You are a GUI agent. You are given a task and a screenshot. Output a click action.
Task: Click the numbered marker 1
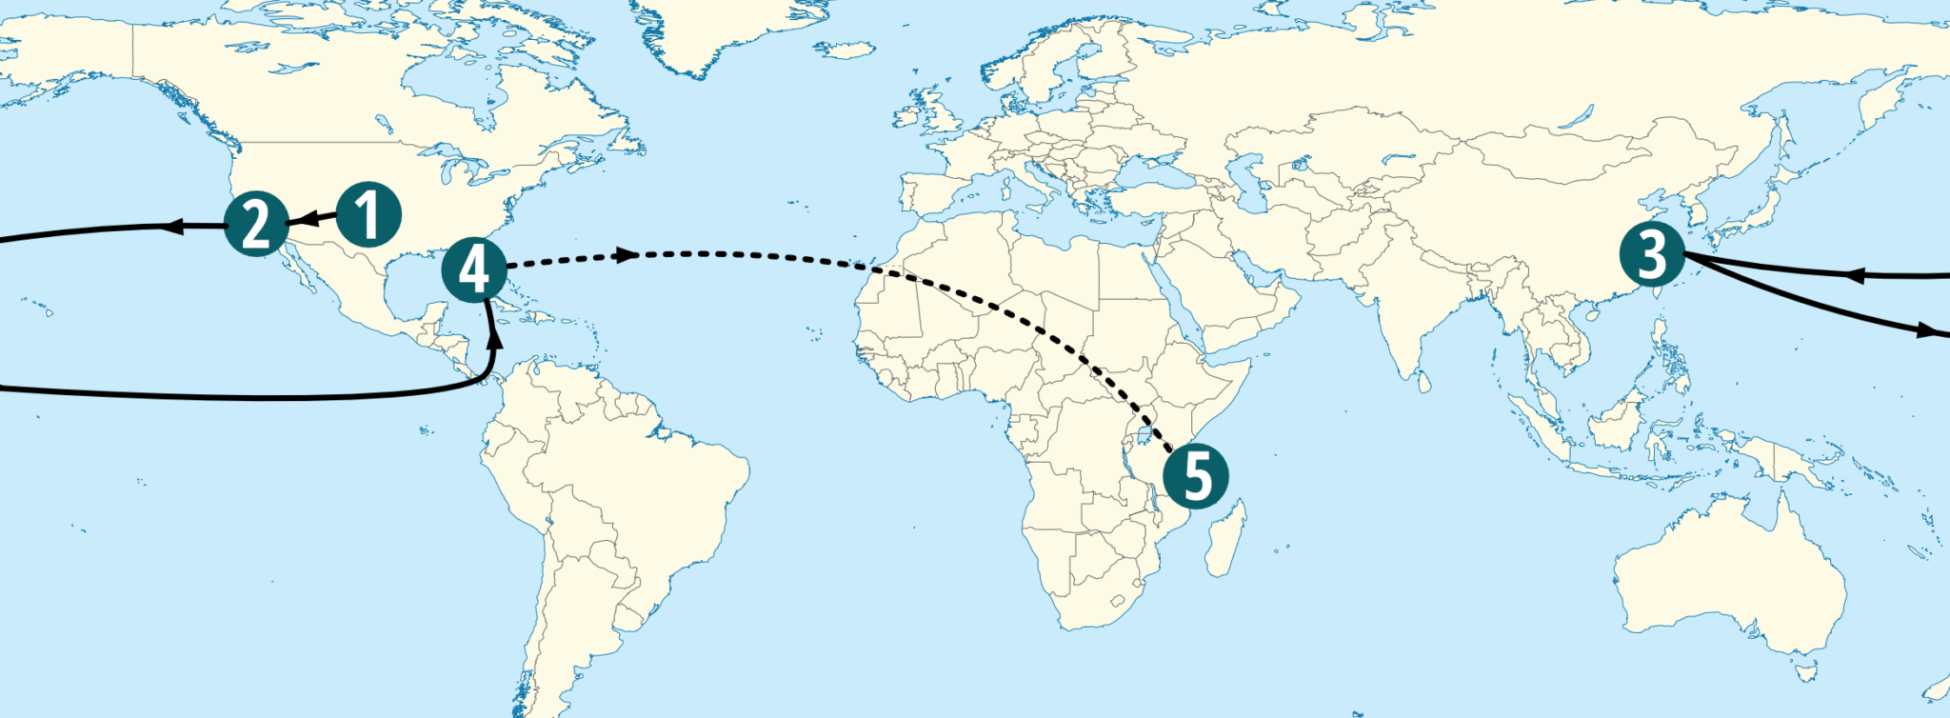(368, 214)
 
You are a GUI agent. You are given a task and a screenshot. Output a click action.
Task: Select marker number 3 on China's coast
(1652, 254)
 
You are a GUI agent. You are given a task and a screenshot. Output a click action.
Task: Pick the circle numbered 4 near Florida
(474, 269)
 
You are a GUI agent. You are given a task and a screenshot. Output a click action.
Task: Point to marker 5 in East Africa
(1196, 476)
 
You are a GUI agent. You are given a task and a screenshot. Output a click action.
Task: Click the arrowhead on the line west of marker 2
(173, 226)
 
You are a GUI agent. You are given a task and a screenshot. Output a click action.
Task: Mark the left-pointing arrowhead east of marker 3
(1854, 275)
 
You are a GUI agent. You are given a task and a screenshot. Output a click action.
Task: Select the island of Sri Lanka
(1422, 380)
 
